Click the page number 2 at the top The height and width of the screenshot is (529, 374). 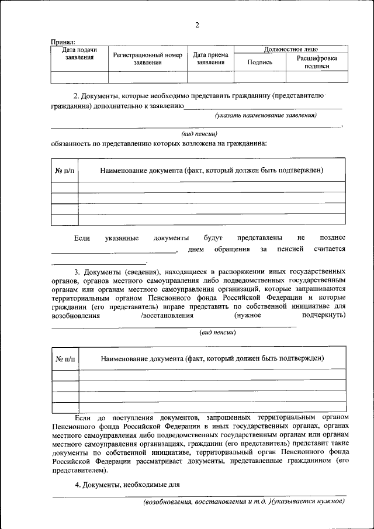197,25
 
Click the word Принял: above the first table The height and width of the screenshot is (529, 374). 63,43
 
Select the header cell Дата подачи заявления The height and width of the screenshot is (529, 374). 79,54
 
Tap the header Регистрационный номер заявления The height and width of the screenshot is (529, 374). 147,58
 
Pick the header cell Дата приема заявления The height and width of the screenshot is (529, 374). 210,58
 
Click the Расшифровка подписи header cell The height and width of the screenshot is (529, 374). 316,63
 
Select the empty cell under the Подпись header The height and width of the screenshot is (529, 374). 259,77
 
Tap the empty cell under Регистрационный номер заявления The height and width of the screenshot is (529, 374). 147,77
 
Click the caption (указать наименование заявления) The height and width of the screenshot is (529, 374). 265,116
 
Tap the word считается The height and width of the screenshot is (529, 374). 330,249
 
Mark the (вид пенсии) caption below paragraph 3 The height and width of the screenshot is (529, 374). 218,331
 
